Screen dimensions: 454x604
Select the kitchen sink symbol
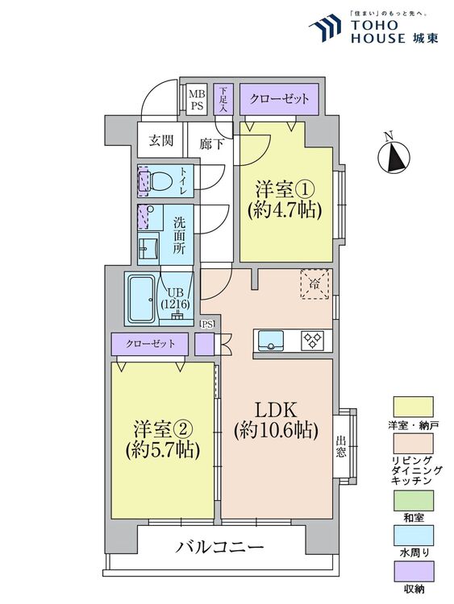click(270, 340)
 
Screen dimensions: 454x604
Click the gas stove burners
click(312, 340)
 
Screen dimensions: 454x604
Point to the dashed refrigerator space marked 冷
click(314, 284)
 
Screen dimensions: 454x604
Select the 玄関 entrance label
click(160, 141)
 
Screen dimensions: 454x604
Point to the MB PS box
click(197, 99)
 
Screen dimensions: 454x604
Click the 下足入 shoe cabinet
click(223, 99)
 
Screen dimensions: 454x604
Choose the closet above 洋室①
click(279, 99)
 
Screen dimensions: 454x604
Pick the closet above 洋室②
click(150, 344)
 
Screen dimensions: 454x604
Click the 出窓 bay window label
click(340, 446)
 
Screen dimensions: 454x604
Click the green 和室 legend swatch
click(413, 500)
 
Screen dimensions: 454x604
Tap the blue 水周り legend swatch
click(413, 535)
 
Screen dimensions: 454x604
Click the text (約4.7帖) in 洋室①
click(285, 211)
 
